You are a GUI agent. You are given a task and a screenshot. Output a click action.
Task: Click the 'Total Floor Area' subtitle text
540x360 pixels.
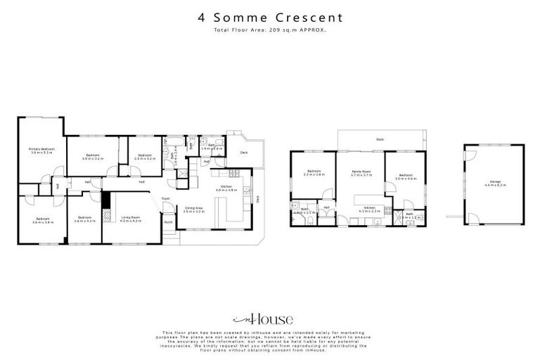tap(270, 31)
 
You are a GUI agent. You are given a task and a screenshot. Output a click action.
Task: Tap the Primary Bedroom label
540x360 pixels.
tap(41, 150)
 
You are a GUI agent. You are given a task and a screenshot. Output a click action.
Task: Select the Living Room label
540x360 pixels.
tap(130, 219)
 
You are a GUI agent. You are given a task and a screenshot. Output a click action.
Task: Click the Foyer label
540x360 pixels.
tap(166, 199)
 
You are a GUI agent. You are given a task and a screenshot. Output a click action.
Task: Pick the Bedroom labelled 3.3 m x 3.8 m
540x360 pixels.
tap(313, 173)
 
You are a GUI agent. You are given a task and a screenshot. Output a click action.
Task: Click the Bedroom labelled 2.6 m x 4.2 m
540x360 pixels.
tap(84, 219)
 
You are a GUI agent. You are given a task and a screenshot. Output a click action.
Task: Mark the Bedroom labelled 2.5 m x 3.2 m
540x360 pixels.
tap(144, 157)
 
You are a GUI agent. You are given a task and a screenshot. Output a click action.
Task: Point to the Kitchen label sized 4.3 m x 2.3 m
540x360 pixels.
tap(369, 210)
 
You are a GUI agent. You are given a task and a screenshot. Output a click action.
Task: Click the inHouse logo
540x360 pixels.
tap(270, 316)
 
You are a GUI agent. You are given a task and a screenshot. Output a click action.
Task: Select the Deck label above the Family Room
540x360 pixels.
tap(380, 139)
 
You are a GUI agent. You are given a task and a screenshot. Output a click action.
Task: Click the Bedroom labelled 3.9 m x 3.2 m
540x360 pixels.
tap(93, 157)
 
